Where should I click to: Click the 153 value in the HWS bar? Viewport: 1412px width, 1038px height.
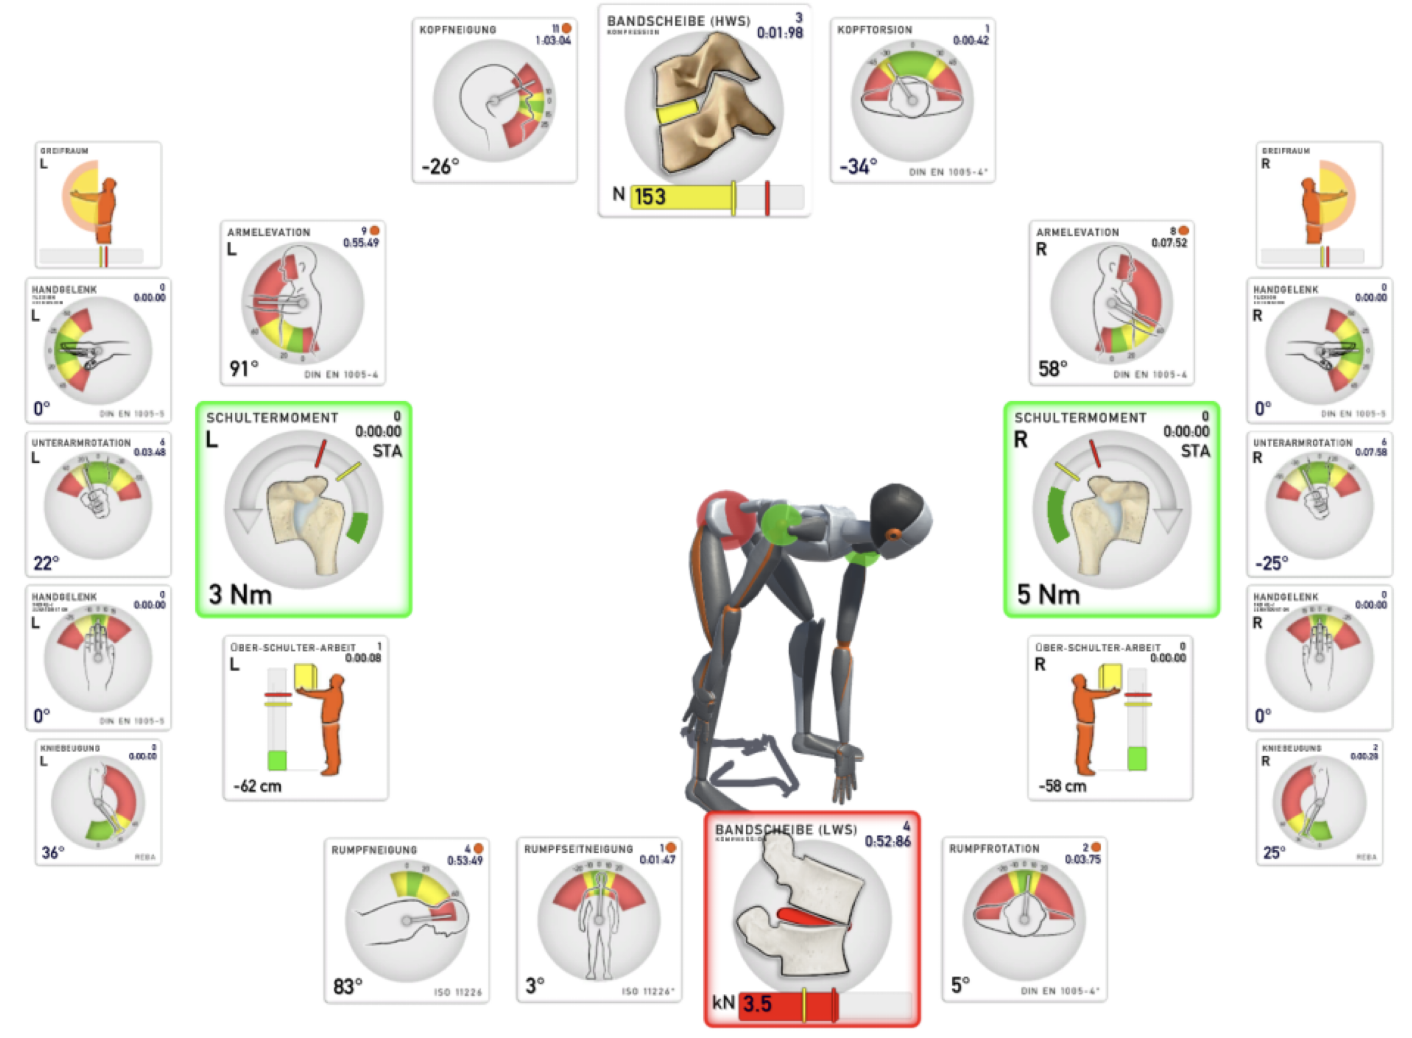[649, 197]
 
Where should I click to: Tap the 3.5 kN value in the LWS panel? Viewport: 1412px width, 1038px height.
[757, 1003]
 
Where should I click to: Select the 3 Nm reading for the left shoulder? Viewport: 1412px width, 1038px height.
[240, 594]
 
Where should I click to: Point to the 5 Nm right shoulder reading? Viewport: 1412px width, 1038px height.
[1048, 594]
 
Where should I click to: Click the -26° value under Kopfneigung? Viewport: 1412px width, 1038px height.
[440, 167]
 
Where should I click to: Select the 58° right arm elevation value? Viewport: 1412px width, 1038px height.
[1052, 368]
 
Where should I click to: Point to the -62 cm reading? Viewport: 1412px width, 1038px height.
[258, 786]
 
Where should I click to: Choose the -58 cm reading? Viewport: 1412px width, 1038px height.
[1063, 786]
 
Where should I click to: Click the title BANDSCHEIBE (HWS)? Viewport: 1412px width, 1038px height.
[679, 21]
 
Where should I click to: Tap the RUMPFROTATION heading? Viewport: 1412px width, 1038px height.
[994, 849]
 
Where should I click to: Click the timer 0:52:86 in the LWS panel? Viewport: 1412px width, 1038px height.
[887, 841]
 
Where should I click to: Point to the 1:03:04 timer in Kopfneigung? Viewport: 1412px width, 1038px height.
[552, 41]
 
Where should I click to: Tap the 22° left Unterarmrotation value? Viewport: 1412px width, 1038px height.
[46, 562]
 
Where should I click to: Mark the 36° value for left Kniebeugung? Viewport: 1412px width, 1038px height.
[53, 853]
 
